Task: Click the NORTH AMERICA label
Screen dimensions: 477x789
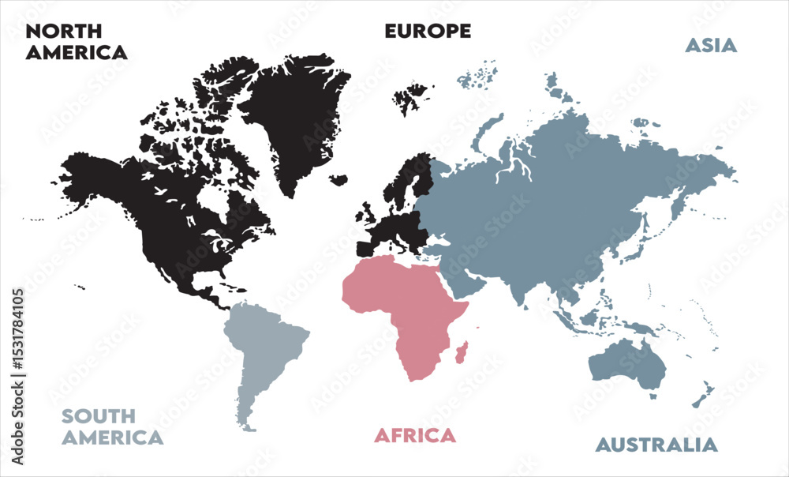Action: coord(76,42)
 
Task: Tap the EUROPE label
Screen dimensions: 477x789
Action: coord(428,31)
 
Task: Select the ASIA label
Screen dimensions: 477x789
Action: coord(710,45)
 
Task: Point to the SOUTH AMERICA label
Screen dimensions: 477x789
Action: coord(113,426)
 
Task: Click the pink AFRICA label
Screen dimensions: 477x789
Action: coord(415,435)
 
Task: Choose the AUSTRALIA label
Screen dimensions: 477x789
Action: coord(656,445)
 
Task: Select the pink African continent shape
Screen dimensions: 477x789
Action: coord(402,308)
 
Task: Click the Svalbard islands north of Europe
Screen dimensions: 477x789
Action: coord(412,98)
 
